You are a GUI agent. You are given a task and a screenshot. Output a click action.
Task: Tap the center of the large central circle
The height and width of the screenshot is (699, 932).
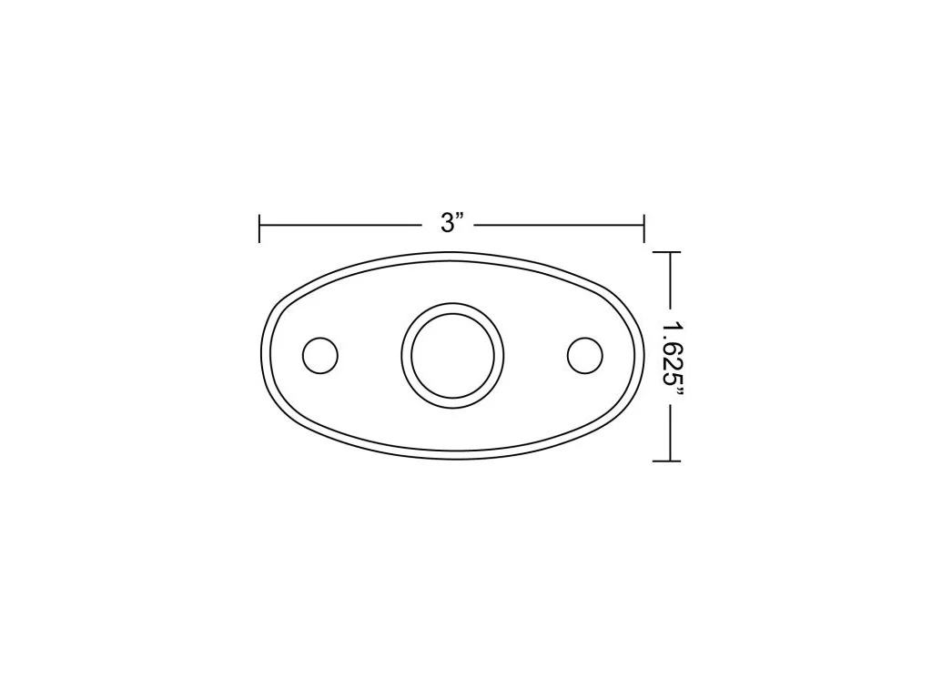pos(452,356)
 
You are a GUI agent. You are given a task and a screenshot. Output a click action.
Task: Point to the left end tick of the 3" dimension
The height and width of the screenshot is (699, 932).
pos(259,228)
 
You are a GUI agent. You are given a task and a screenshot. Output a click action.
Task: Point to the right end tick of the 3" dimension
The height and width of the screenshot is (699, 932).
pos(644,228)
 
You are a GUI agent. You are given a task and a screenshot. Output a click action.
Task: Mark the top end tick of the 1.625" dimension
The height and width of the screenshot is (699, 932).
pos(666,252)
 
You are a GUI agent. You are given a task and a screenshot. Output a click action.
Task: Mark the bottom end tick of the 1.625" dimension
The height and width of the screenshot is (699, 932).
pos(666,461)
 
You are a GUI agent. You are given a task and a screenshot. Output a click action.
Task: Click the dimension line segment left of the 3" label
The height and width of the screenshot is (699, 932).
pos(340,226)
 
